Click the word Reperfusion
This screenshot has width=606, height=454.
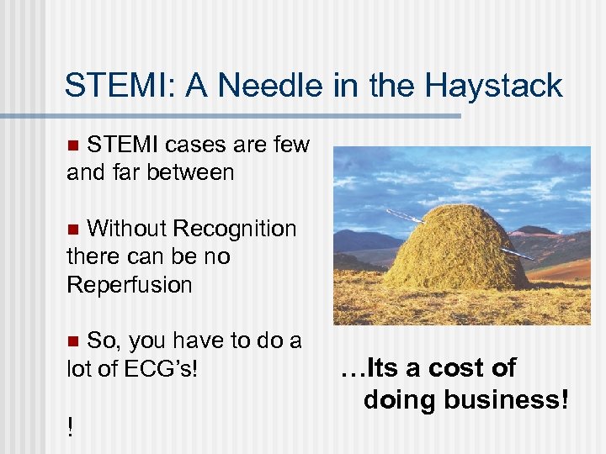pos(129,284)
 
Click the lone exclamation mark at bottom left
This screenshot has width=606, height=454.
pos(69,428)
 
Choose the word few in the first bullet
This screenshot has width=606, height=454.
pos(291,145)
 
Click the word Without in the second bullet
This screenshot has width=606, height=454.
pos(127,229)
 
